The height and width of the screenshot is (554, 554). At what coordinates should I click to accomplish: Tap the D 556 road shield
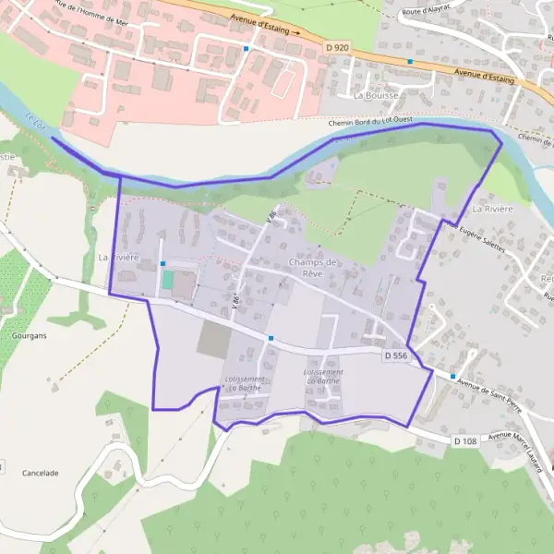(395, 355)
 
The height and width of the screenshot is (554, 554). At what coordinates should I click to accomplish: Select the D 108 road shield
(464, 442)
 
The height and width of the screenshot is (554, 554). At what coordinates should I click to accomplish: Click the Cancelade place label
(40, 473)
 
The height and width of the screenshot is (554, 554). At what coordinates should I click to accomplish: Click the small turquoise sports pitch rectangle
(167, 278)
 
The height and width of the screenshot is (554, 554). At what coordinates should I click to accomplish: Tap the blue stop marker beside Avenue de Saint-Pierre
(452, 376)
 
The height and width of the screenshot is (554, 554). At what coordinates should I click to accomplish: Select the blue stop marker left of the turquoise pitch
(163, 263)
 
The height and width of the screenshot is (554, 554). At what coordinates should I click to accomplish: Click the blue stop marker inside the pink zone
(247, 48)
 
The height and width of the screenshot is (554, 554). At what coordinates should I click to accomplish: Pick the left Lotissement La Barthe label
(245, 383)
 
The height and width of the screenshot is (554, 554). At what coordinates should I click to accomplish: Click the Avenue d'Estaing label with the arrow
(268, 30)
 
